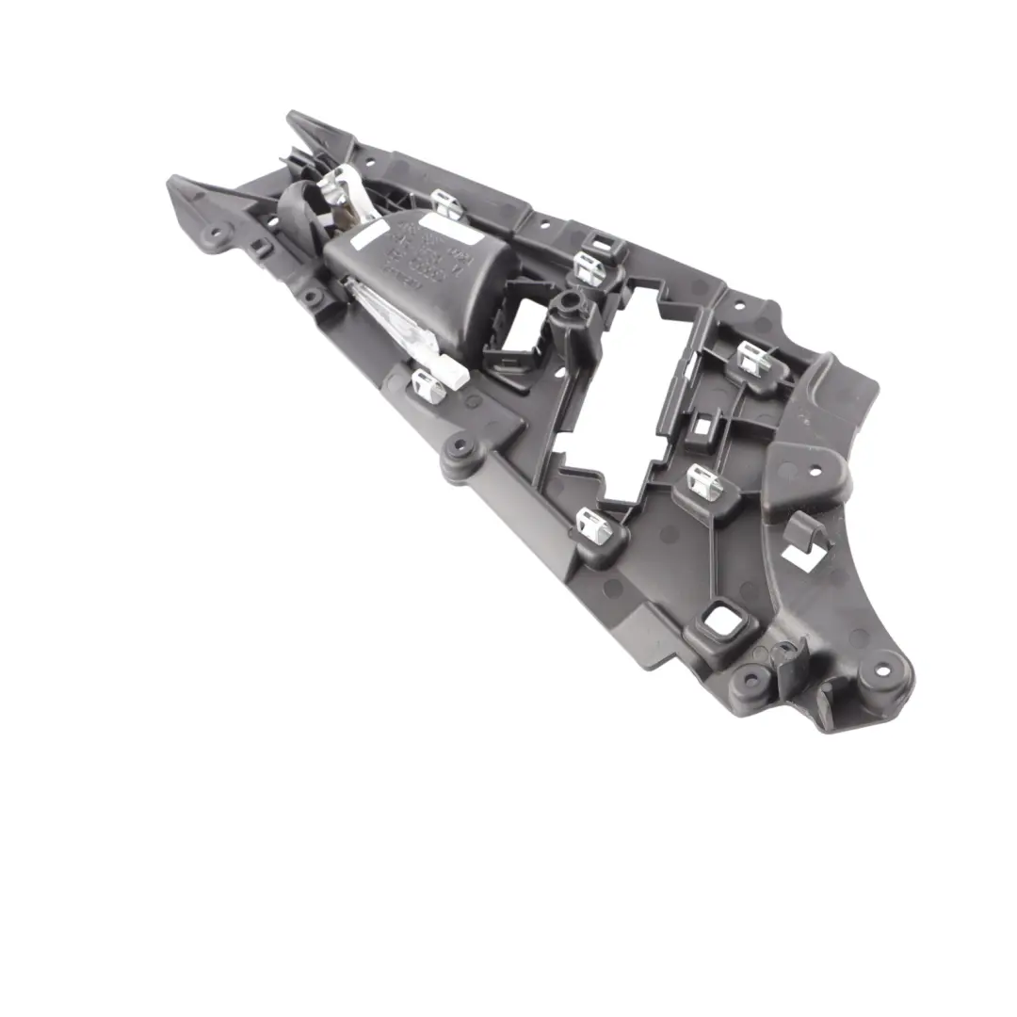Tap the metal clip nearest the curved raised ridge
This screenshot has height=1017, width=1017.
(x=751, y=359)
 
